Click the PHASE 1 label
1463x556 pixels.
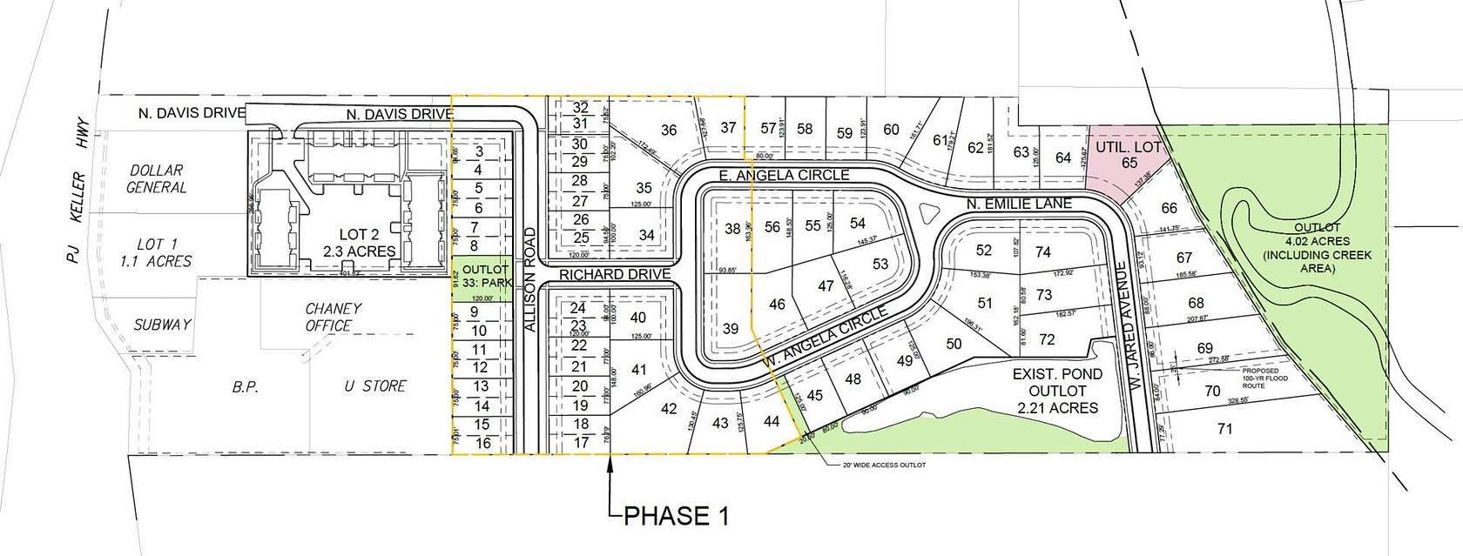(676, 516)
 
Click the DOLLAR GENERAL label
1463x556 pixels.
(157, 178)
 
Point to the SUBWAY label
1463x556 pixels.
(163, 325)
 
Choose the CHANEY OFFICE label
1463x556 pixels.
(333, 317)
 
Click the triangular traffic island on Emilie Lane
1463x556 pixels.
(928, 210)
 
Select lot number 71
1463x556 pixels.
(1225, 427)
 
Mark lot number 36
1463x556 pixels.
(669, 131)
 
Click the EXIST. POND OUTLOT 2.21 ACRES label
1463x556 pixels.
(1057, 391)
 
